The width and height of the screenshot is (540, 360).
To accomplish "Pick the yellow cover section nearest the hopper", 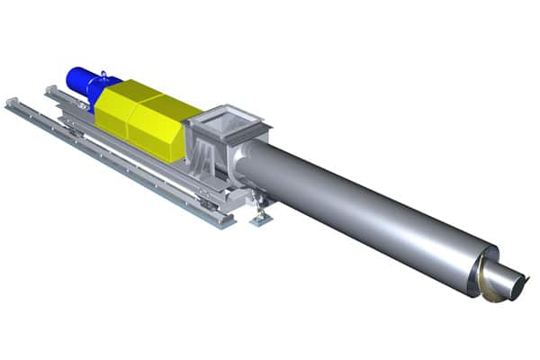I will click(x=162, y=126).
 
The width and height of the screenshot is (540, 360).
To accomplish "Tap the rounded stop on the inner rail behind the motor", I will click(x=50, y=89).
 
